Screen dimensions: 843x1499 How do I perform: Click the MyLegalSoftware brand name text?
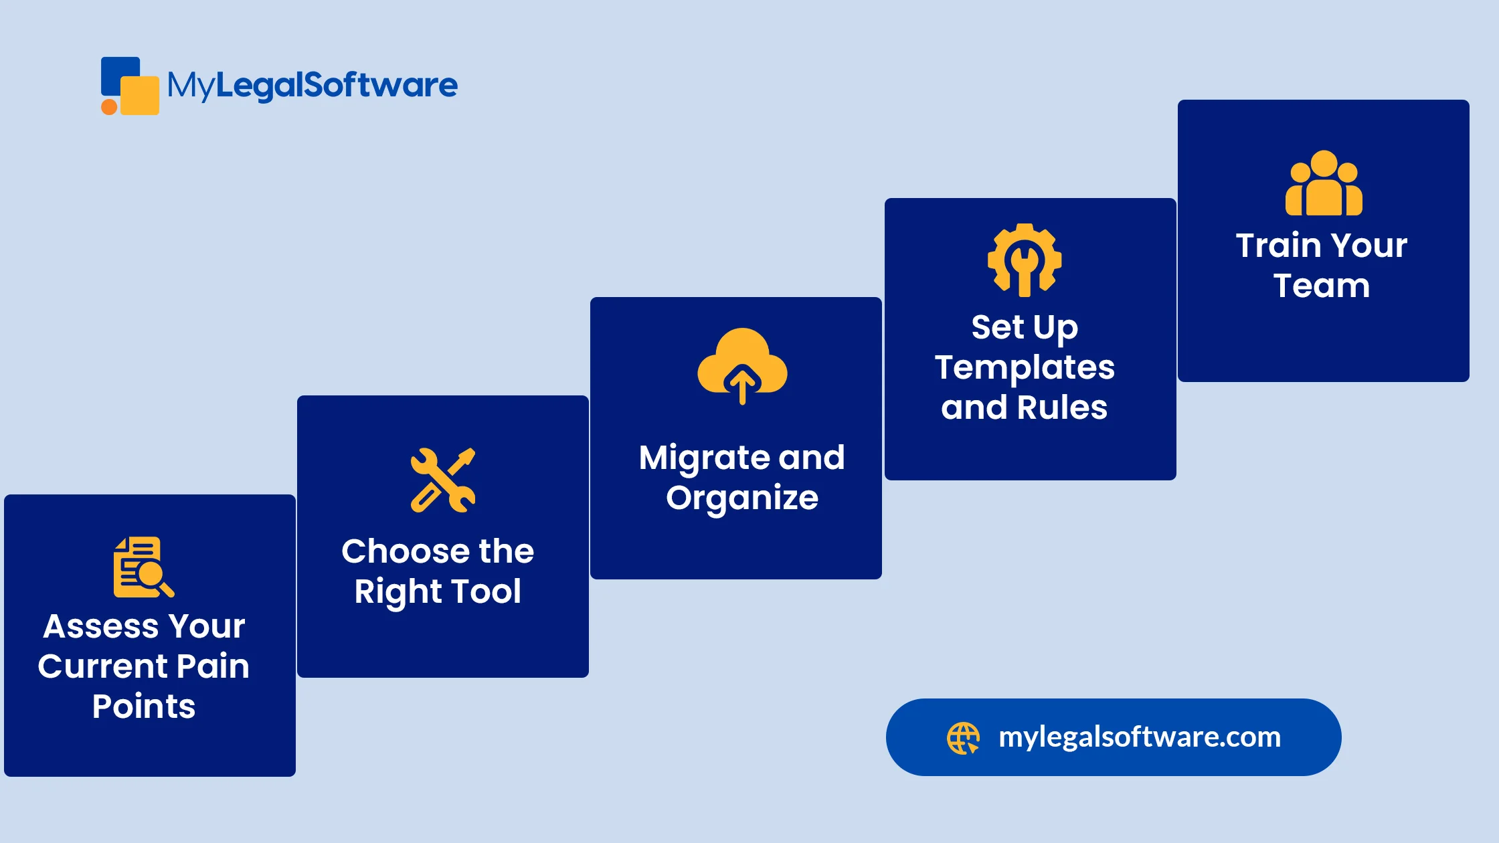pos(313,86)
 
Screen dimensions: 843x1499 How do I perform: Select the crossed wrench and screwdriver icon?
pos(443,480)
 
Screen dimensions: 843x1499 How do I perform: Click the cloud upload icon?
pos(742,365)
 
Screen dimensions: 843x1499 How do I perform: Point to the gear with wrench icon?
pos(1024,260)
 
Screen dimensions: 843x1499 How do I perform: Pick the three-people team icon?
pos(1323,183)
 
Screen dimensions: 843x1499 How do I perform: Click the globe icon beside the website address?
pos(963,738)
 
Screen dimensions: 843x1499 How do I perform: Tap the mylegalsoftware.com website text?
pos(1139,737)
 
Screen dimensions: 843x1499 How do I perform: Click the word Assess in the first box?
pos(101,627)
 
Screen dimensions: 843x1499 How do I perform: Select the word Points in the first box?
pos(144,707)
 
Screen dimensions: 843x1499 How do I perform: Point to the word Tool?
pos(486,592)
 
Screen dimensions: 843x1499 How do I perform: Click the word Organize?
pos(742,498)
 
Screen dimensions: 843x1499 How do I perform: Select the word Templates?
pos(1025,368)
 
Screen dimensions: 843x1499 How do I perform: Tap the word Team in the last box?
pos(1322,286)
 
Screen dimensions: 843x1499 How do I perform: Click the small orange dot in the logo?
pos(109,107)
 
